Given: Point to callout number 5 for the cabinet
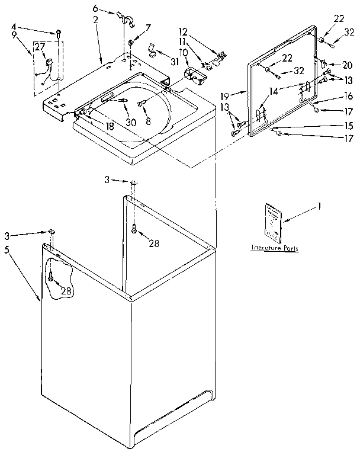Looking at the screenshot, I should pos(7,249).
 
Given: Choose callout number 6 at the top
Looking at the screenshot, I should pos(95,9).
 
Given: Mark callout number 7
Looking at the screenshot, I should pos(148,27).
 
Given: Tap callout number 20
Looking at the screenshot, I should pos(348,65).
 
